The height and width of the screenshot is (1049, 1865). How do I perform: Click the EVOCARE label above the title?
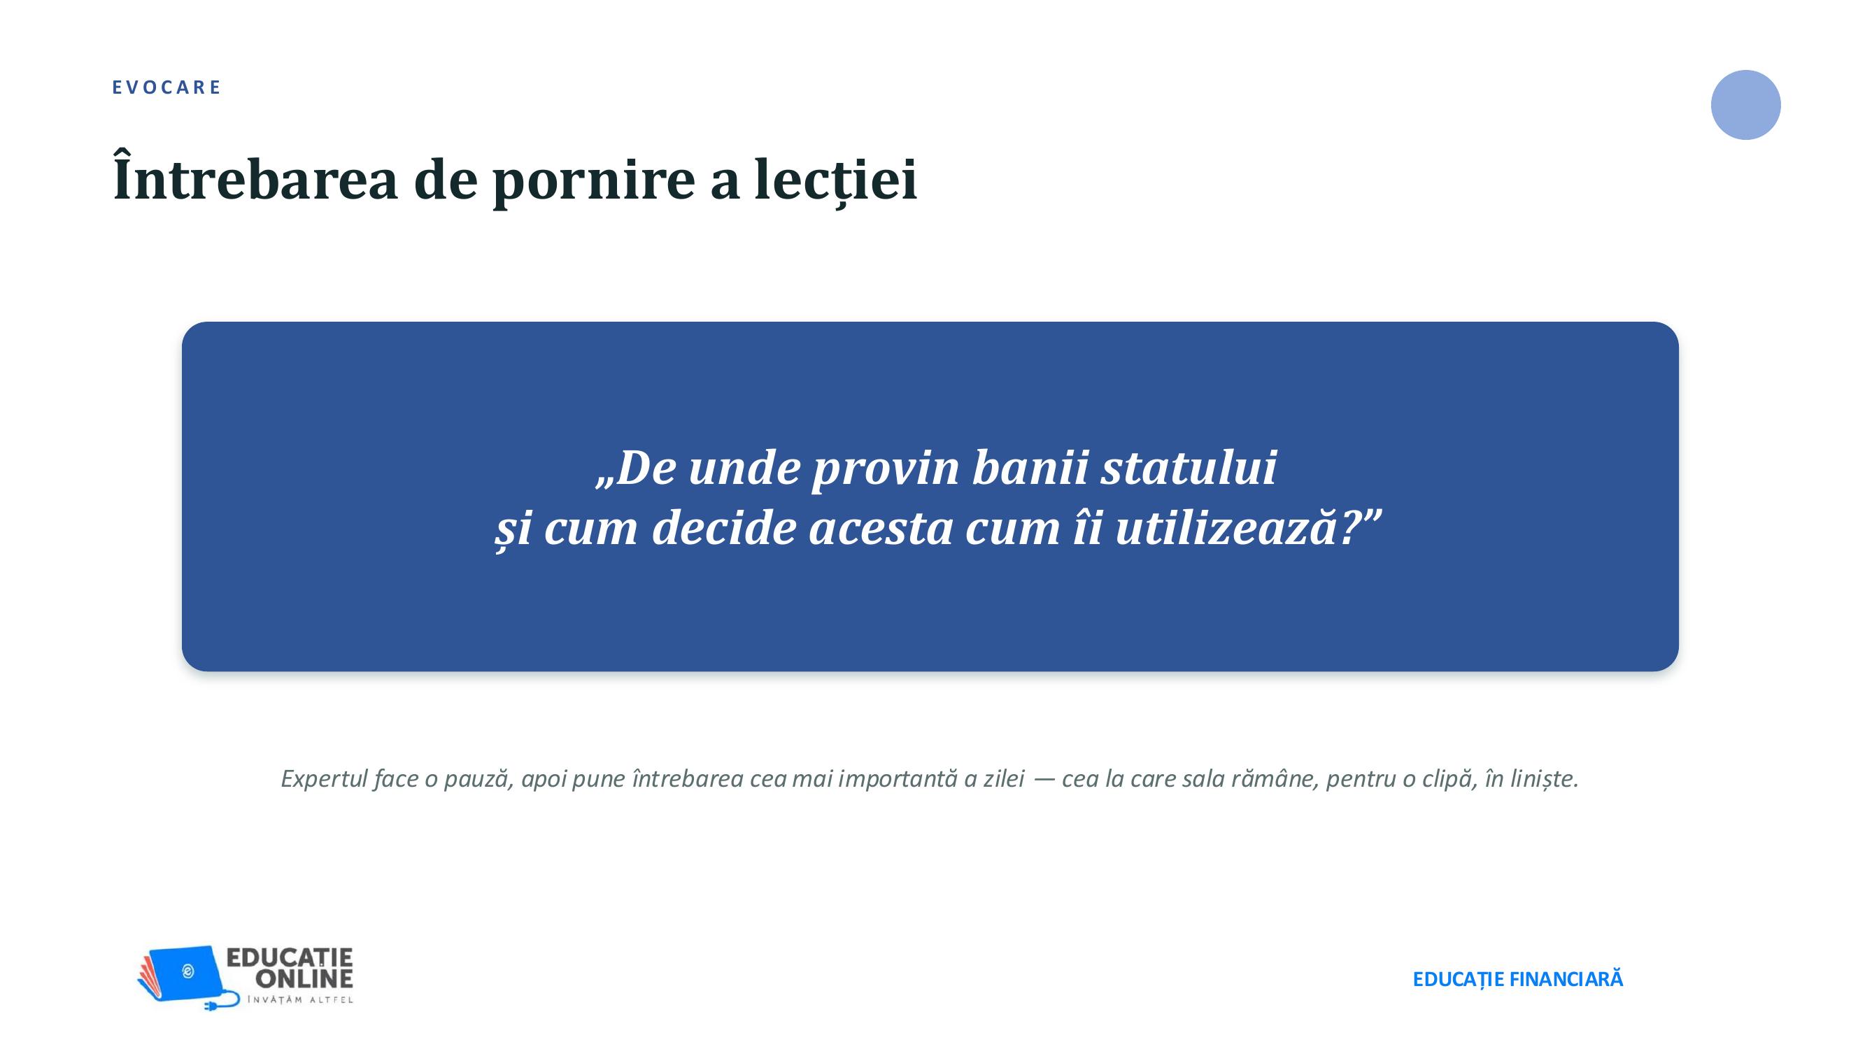pos(166,87)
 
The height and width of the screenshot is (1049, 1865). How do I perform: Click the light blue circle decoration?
pos(1745,105)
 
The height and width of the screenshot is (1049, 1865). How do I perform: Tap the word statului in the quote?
pos(1189,467)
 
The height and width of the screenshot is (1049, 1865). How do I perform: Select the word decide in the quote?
pos(724,527)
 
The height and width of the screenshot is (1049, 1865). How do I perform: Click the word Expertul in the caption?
pos(325,779)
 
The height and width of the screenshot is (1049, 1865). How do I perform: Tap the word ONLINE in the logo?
pos(304,979)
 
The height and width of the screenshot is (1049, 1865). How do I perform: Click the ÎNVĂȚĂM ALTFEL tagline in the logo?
pos(300,1000)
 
